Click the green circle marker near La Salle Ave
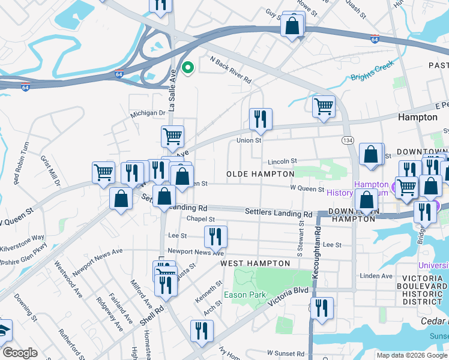(x=187, y=68)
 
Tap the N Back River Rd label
(x=230, y=69)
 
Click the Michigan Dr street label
(x=148, y=113)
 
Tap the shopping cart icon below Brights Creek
(x=324, y=107)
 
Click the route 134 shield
(x=348, y=140)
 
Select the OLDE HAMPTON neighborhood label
(x=260, y=173)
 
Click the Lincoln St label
(x=282, y=161)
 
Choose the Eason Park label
(x=244, y=295)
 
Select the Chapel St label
(x=200, y=219)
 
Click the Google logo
(x=20, y=353)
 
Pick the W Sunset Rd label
(x=287, y=353)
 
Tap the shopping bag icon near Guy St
(x=292, y=25)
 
